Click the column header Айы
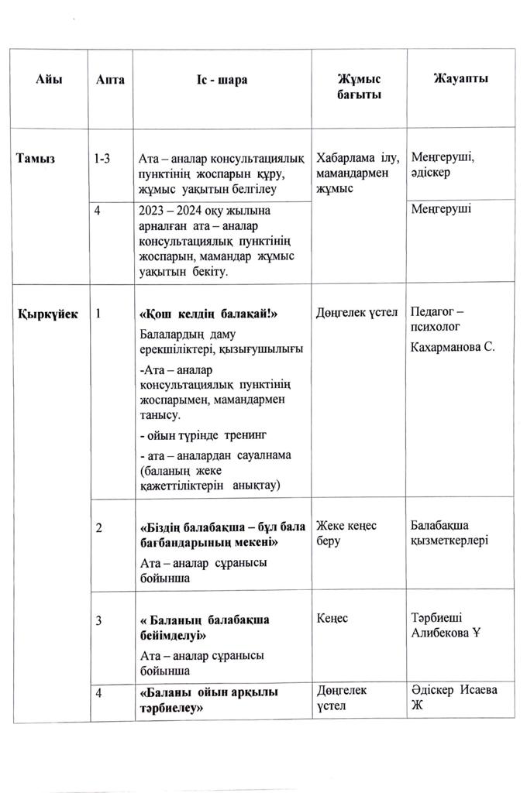(x=48, y=79)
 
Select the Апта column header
(x=111, y=80)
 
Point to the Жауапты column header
(x=460, y=79)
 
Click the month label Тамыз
(x=36, y=159)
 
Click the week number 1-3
(x=102, y=159)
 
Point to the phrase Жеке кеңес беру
(x=346, y=533)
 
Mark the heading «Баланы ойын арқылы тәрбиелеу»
(x=208, y=699)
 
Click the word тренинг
(x=251, y=434)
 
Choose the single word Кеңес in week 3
(x=332, y=620)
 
